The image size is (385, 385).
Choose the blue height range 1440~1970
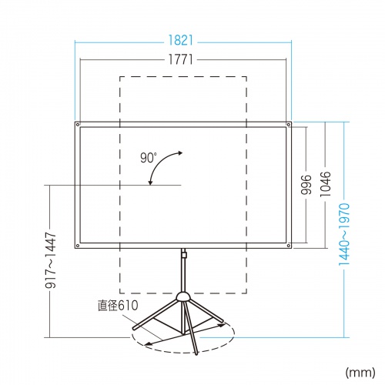coord(346,230)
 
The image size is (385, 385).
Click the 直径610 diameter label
coord(116,306)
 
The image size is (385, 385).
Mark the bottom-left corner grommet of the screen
coord(78,246)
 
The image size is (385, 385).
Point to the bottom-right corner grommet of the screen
coord(289,246)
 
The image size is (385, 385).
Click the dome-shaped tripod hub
coord(184,296)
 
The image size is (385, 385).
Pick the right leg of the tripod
coord(206,313)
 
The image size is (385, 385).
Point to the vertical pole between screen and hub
coord(184,273)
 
